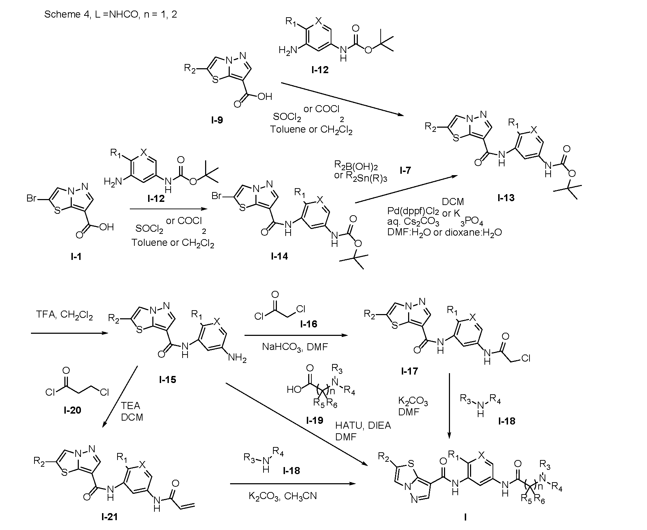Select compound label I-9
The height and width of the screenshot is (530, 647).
click(x=217, y=120)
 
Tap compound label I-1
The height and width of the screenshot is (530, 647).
click(x=76, y=256)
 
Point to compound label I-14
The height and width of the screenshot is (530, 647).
click(x=279, y=256)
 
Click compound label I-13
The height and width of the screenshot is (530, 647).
click(x=506, y=198)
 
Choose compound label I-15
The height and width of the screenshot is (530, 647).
click(x=167, y=380)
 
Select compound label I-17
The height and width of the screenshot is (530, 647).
click(x=409, y=371)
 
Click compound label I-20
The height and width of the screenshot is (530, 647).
click(x=72, y=410)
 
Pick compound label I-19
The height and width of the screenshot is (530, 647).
click(x=315, y=420)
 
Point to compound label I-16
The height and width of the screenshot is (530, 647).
click(x=309, y=324)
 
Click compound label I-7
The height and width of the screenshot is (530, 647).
click(x=405, y=171)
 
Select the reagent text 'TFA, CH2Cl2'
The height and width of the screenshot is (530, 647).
click(x=64, y=315)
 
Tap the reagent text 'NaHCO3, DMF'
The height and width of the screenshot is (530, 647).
click(x=295, y=347)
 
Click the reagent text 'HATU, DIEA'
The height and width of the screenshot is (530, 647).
click(x=363, y=426)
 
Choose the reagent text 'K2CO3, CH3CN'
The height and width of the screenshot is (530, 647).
click(x=283, y=496)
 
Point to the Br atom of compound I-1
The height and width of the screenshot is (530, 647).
click(x=32, y=198)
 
